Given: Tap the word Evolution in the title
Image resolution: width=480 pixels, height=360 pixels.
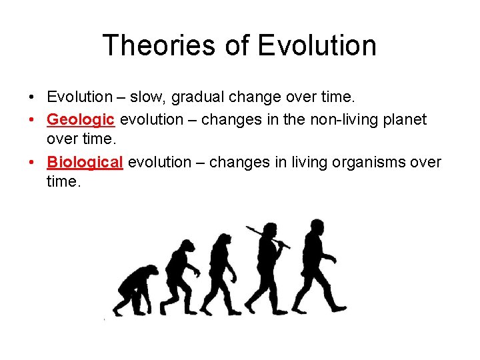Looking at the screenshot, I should click(317, 45).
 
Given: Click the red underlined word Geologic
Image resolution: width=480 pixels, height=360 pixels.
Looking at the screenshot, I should click(81, 120).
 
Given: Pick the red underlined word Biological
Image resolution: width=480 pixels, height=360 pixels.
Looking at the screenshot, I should click(85, 163).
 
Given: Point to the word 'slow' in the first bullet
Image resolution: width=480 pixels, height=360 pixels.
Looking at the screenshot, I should click(146, 97).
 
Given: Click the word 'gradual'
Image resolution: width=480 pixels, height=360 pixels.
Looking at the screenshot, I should click(198, 97).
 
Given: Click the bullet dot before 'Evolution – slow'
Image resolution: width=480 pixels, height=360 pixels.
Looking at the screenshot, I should click(33, 98).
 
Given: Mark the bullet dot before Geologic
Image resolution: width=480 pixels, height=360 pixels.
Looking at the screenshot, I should click(33, 121).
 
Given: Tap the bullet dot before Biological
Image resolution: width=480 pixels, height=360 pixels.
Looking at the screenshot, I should click(33, 163).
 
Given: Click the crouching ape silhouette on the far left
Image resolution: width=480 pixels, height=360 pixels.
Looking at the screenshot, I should click(136, 291).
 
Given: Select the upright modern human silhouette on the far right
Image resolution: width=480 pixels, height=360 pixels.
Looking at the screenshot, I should click(318, 267).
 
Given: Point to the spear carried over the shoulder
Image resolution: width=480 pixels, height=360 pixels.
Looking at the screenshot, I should click(267, 237).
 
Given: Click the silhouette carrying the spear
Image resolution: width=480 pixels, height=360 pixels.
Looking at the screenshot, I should click(267, 270).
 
